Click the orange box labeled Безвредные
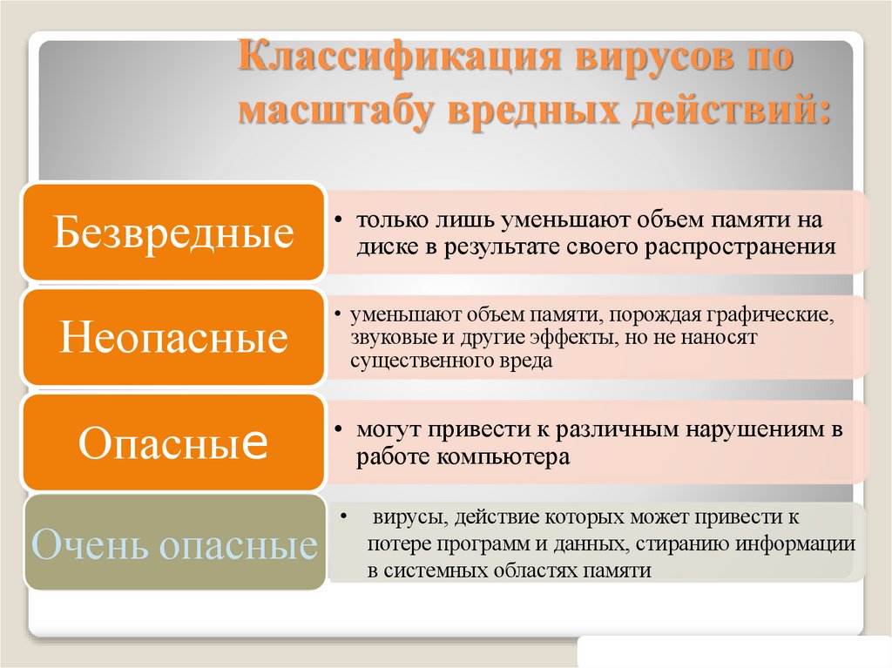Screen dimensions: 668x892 click(x=173, y=233)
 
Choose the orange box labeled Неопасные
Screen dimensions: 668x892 click(x=173, y=338)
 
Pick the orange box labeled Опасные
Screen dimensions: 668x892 click(x=173, y=442)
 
